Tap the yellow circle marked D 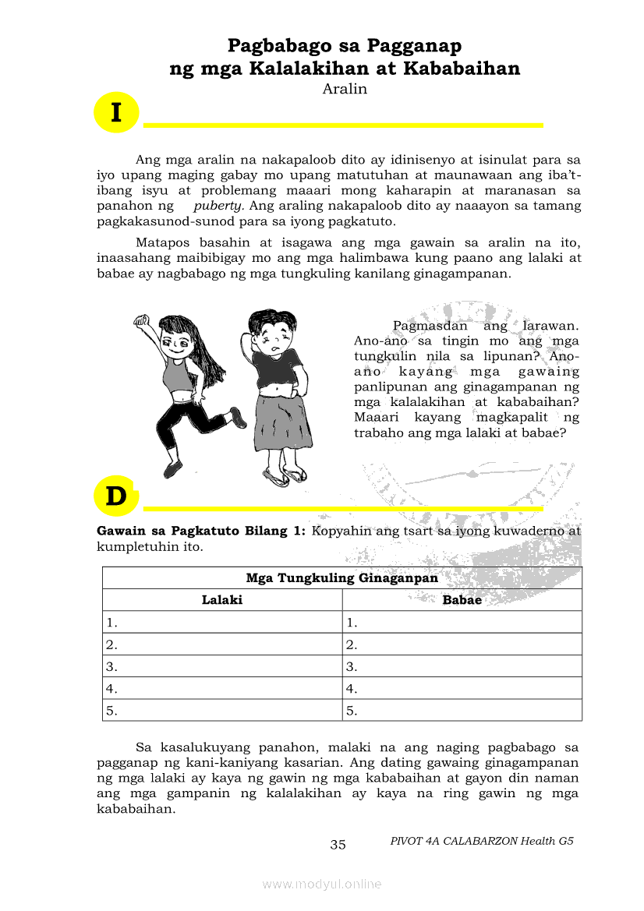[x=115, y=496]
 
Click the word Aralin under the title [x=344, y=89]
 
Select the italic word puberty [x=218, y=206]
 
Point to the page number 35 [x=338, y=845]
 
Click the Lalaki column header [x=222, y=600]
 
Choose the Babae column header [x=462, y=600]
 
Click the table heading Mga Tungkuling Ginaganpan [x=341, y=578]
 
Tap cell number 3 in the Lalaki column [x=222, y=666]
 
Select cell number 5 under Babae [x=462, y=710]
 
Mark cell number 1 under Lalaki [x=222, y=622]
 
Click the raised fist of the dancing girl [x=141, y=322]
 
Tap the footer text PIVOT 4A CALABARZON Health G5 [x=482, y=841]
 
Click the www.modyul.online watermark [x=322, y=884]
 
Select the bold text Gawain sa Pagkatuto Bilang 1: [x=201, y=531]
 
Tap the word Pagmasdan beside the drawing [x=430, y=326]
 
